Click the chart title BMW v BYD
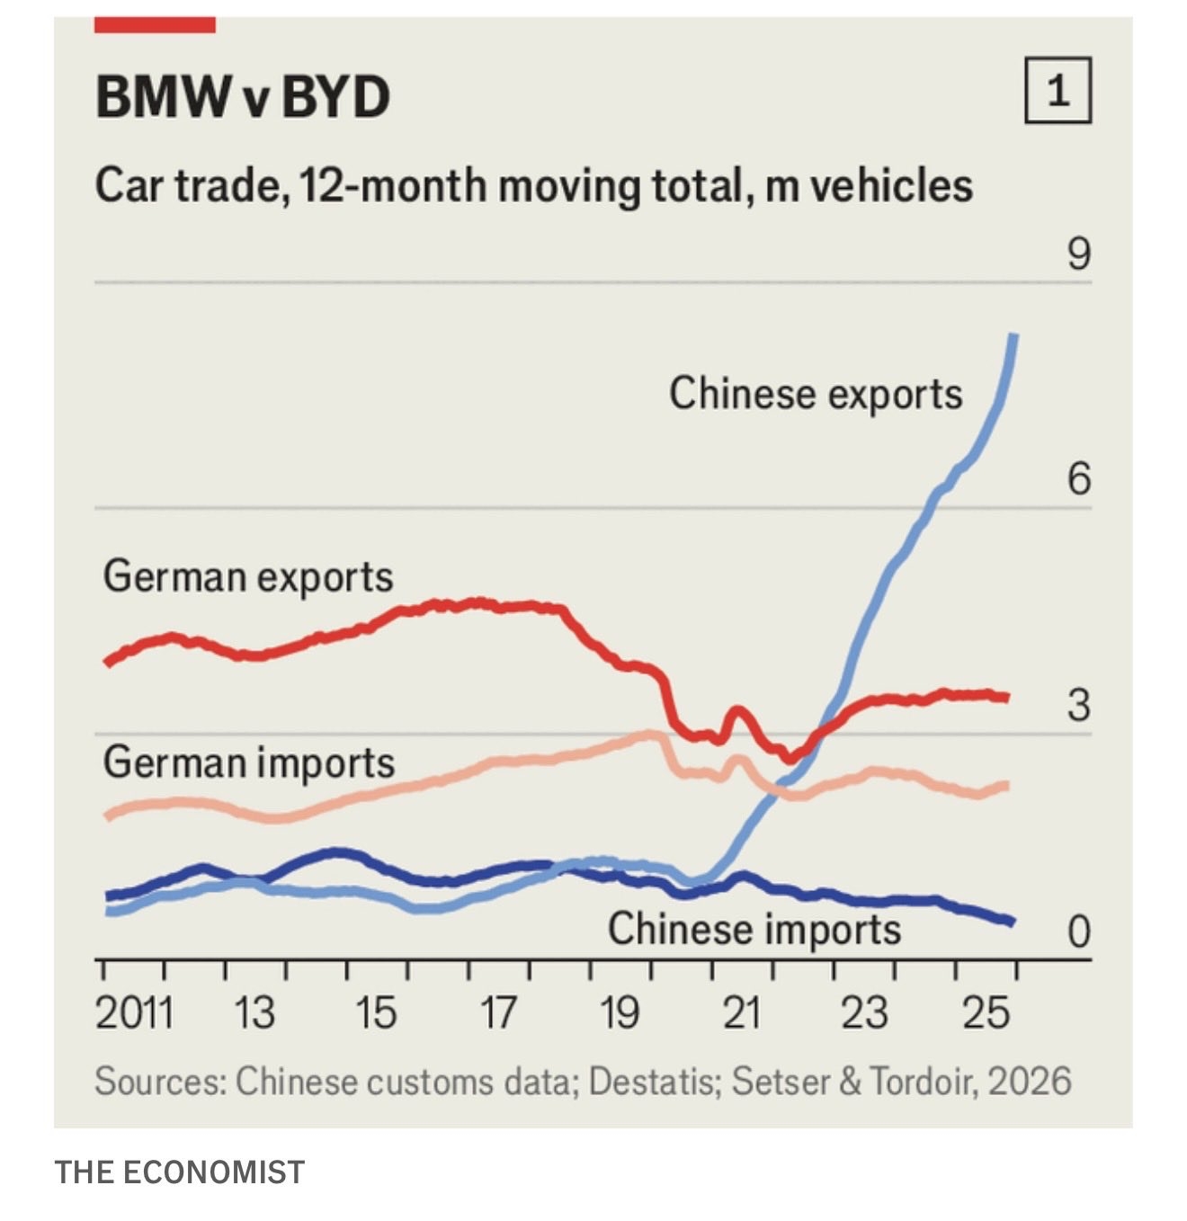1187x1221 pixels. point(243,96)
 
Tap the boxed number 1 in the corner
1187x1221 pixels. point(1058,90)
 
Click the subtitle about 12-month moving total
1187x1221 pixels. point(533,186)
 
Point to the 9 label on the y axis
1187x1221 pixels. point(1078,254)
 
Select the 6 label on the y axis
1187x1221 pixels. point(1078,478)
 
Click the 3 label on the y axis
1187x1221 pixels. point(1078,705)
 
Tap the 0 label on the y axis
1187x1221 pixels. point(1078,931)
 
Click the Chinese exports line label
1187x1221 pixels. point(815,395)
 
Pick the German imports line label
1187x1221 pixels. point(249,762)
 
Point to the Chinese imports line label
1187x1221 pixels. point(754,929)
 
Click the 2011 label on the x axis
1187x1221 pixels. point(134,1013)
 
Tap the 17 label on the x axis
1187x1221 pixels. point(497,1013)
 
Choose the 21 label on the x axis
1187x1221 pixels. point(741,1013)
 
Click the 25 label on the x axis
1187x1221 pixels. point(986,1013)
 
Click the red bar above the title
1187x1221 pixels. point(155,25)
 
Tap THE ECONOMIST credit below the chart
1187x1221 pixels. point(180,1172)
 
